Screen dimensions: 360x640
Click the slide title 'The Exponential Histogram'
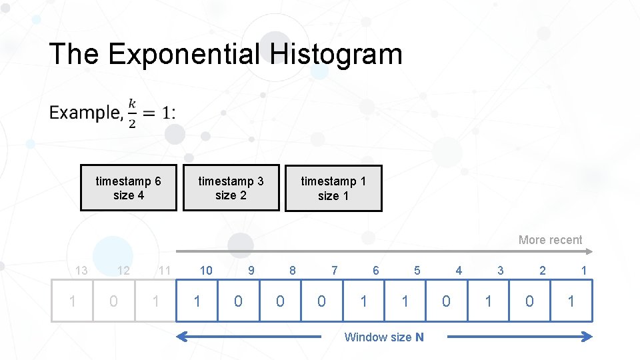pyautogui.click(x=225, y=54)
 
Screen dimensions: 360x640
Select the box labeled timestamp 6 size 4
pyautogui.click(x=129, y=188)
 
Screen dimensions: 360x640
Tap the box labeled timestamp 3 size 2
pyautogui.click(x=231, y=188)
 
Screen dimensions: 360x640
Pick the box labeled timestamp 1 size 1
pyautogui.click(x=333, y=189)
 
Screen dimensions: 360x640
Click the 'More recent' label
pyautogui.click(x=550, y=240)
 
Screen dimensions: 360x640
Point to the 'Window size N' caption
pyautogui.click(x=383, y=337)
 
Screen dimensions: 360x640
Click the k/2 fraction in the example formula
pyautogui.click(x=132, y=113)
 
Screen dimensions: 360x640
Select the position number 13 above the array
pyautogui.click(x=81, y=270)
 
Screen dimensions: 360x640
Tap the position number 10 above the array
pyautogui.click(x=206, y=270)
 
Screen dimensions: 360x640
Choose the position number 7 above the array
pyautogui.click(x=335, y=270)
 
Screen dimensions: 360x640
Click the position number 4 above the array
pyautogui.click(x=459, y=270)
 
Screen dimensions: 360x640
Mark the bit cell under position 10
pyautogui.click(x=197, y=301)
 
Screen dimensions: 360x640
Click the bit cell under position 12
pyautogui.click(x=113, y=301)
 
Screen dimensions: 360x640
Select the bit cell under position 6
pyautogui.click(x=363, y=301)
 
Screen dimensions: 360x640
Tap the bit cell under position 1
pyautogui.click(x=571, y=301)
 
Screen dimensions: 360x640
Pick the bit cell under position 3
pyautogui.click(x=488, y=301)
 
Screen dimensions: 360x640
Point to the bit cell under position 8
pyautogui.click(x=280, y=301)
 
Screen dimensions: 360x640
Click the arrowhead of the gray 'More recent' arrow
pyautogui.click(x=589, y=252)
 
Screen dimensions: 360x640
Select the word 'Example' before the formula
pyautogui.click(x=84, y=113)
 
